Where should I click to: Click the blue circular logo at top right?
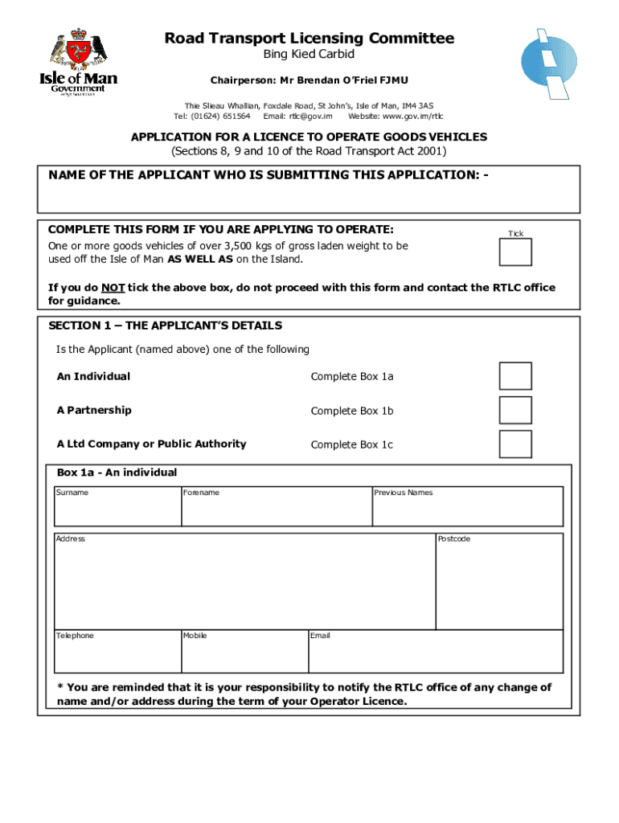click(x=549, y=63)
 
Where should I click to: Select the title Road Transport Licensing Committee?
click(x=309, y=39)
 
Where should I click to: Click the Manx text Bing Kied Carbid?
click(x=309, y=55)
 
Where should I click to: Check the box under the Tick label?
click(x=514, y=252)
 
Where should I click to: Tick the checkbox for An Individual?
click(x=514, y=376)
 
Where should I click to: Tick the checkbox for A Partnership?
click(x=514, y=410)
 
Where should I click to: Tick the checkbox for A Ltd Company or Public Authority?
click(x=514, y=444)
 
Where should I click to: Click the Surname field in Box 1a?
click(x=117, y=510)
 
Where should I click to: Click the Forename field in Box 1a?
click(x=276, y=510)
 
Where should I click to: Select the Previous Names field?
click(x=467, y=510)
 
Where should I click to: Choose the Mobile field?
click(x=244, y=655)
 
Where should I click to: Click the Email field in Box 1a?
click(x=436, y=655)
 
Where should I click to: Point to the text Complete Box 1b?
click(x=351, y=411)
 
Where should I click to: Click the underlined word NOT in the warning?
click(x=113, y=288)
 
